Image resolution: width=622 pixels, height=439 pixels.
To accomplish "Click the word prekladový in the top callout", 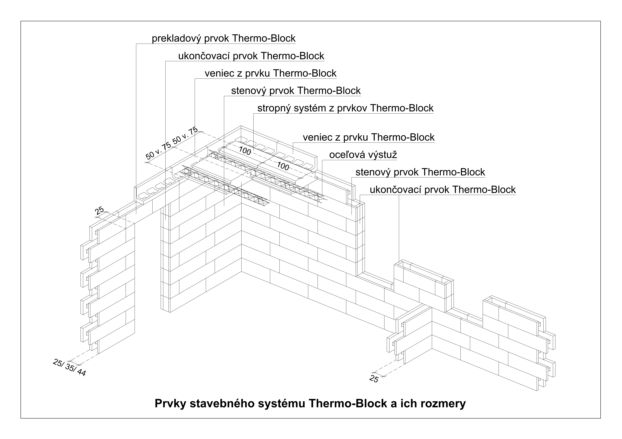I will click(x=177, y=38).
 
